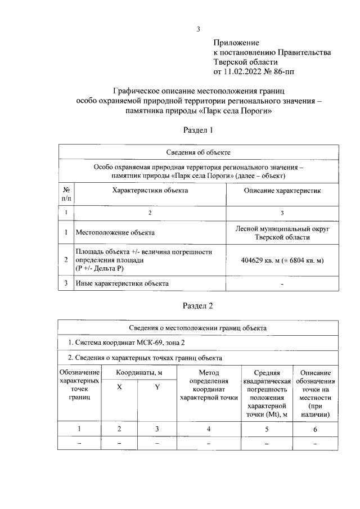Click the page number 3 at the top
(x=198, y=29)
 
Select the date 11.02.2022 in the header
(x=246, y=71)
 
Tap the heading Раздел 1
(x=199, y=130)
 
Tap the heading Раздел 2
(x=199, y=306)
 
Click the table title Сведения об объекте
(x=199, y=152)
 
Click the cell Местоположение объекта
(x=115, y=232)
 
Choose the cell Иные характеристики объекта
(x=122, y=283)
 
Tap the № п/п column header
(x=66, y=194)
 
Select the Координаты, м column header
(x=139, y=373)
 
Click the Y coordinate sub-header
(x=157, y=387)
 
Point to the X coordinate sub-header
(x=119, y=387)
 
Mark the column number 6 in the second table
(x=316, y=429)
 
